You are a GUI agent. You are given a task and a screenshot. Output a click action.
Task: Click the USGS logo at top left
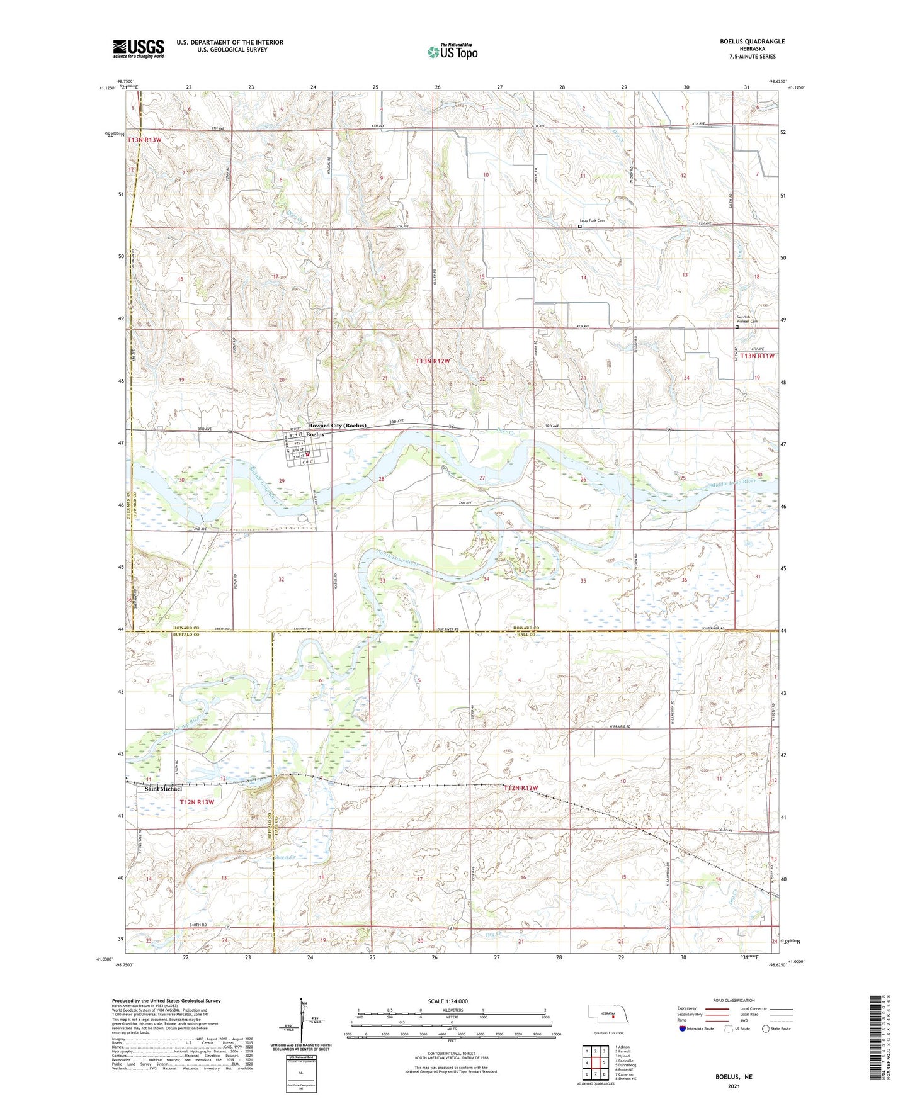pyautogui.click(x=139, y=48)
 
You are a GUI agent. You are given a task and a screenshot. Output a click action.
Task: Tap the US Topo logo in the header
pyautogui.click(x=452, y=52)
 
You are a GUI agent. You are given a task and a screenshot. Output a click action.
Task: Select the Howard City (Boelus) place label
pyautogui.click(x=337, y=426)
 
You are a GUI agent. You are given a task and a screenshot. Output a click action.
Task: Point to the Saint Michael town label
pyautogui.click(x=163, y=789)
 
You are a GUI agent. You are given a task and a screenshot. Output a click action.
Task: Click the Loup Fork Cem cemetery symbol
pyautogui.click(x=580, y=227)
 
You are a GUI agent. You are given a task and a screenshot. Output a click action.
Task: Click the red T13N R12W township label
pyautogui.click(x=433, y=361)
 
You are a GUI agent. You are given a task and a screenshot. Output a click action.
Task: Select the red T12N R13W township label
pyautogui.click(x=197, y=802)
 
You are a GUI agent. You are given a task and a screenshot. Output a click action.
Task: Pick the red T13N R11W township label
pyautogui.click(x=758, y=356)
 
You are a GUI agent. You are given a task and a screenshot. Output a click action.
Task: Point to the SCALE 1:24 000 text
pyautogui.click(x=448, y=1001)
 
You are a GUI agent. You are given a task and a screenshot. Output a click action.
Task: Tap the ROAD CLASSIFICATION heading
pyautogui.click(x=734, y=1000)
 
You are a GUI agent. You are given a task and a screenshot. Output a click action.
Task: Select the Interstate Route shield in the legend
pyautogui.click(x=683, y=1029)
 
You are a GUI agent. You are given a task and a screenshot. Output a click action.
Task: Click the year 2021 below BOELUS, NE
pyautogui.click(x=734, y=1086)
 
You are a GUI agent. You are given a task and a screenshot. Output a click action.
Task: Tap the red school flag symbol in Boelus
pyautogui.click(x=308, y=454)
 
